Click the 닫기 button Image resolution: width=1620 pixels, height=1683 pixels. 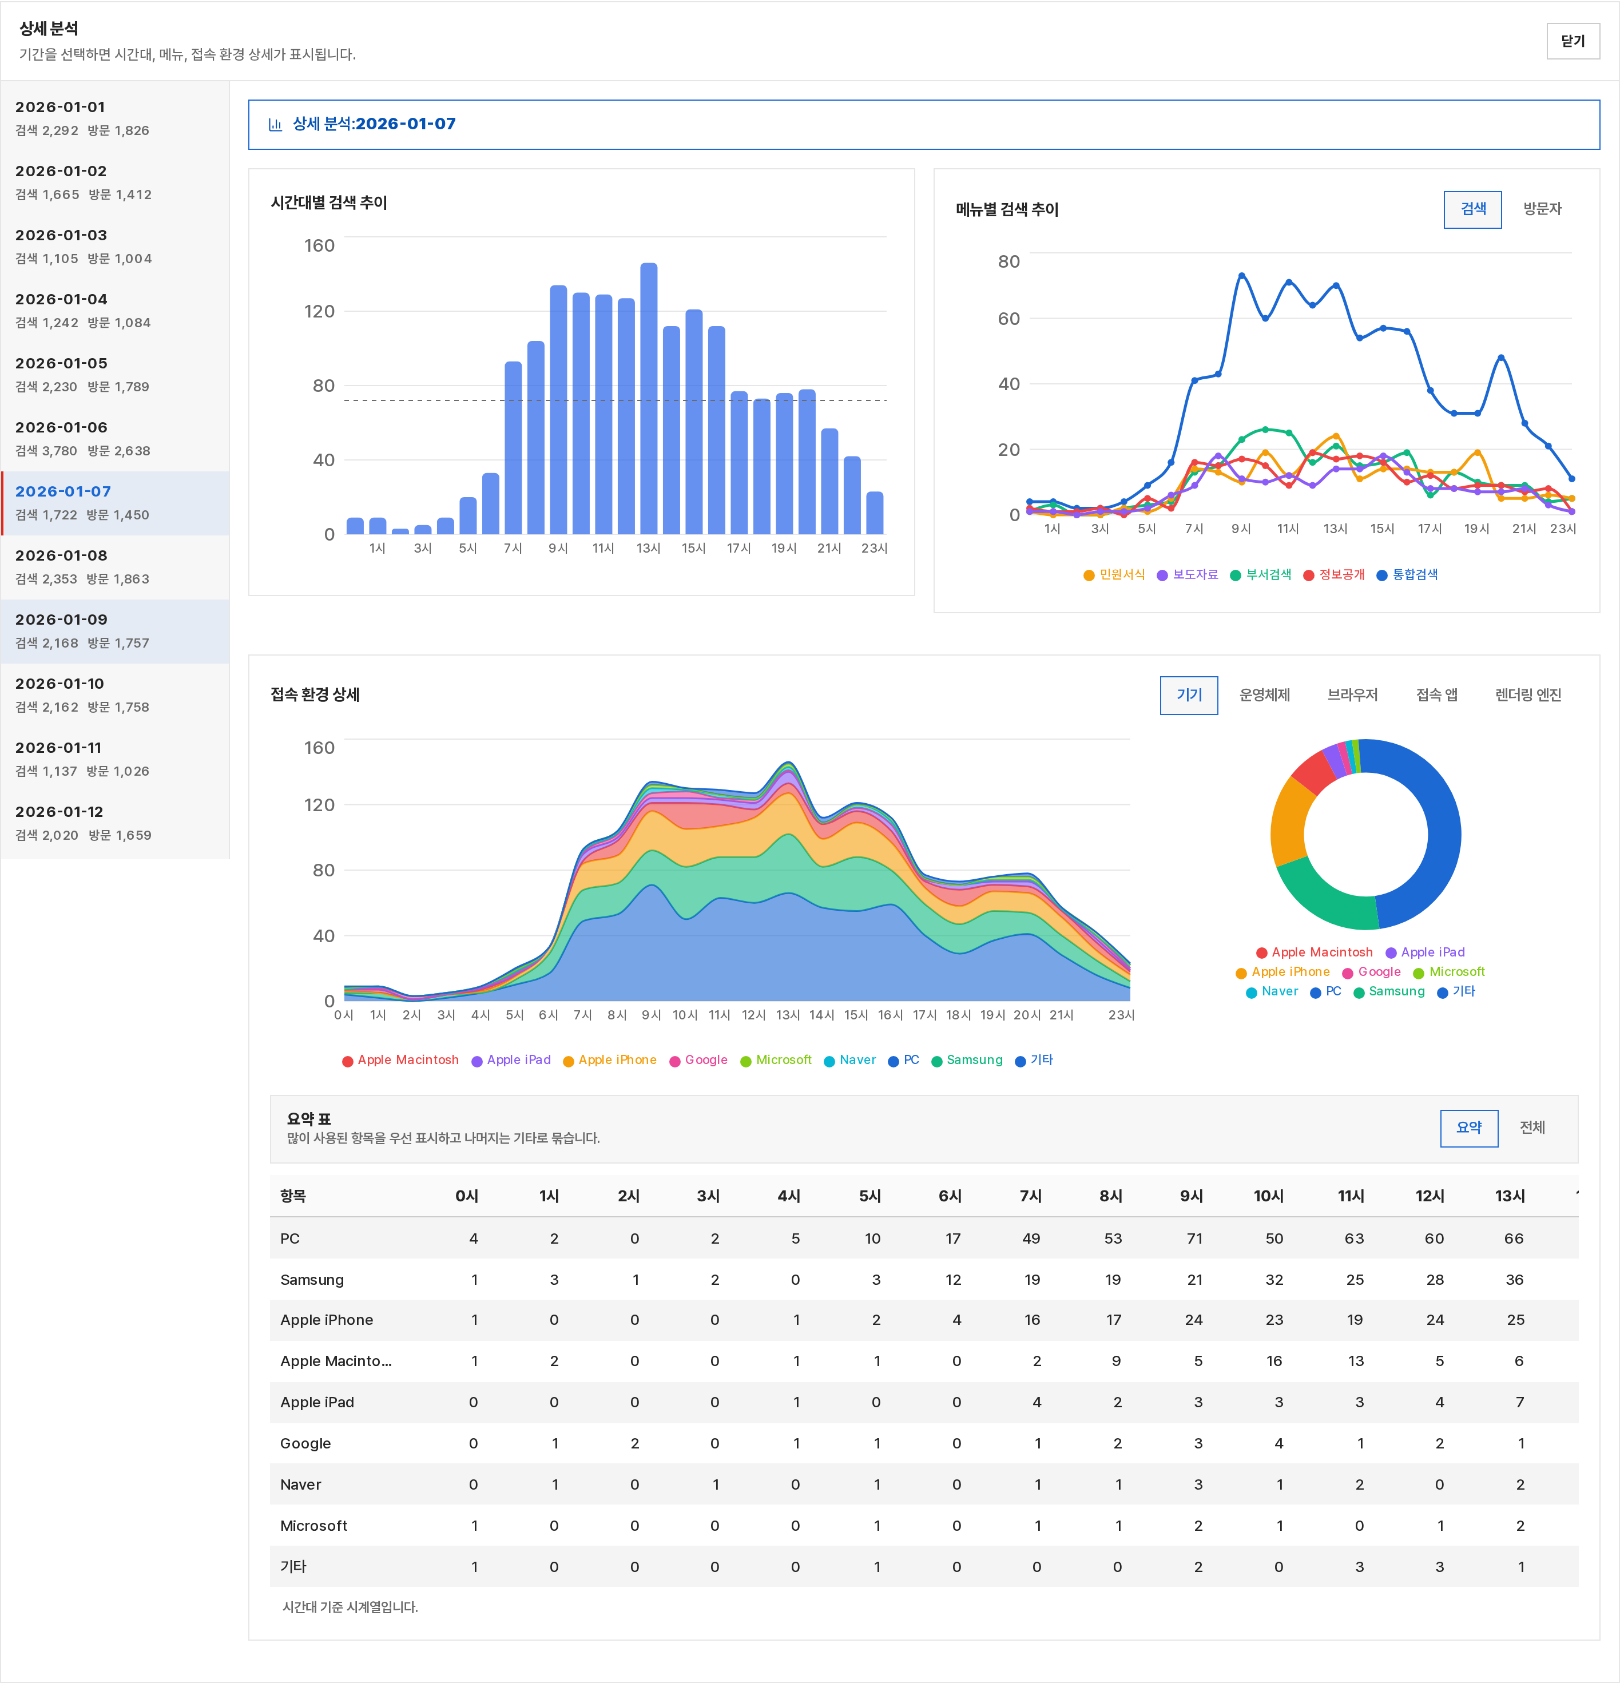[1572, 41]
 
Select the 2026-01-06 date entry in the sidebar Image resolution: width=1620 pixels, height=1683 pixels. [115, 439]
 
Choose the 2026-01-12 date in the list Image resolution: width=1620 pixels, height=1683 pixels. [115, 823]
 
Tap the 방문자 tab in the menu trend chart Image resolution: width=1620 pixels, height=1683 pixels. [1542, 209]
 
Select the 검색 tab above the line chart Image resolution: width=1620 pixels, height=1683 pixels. [1472, 209]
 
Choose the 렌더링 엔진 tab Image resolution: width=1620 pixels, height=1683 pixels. [1527, 694]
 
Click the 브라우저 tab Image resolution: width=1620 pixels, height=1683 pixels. [1352, 694]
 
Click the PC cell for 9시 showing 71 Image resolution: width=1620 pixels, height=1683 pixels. [1194, 1238]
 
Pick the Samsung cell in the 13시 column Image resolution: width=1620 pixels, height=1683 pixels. [1514, 1280]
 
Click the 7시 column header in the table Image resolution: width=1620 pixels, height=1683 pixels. [1030, 1196]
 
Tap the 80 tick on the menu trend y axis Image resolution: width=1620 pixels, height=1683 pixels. [1008, 261]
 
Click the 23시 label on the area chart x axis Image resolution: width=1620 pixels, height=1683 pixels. [1121, 1015]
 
